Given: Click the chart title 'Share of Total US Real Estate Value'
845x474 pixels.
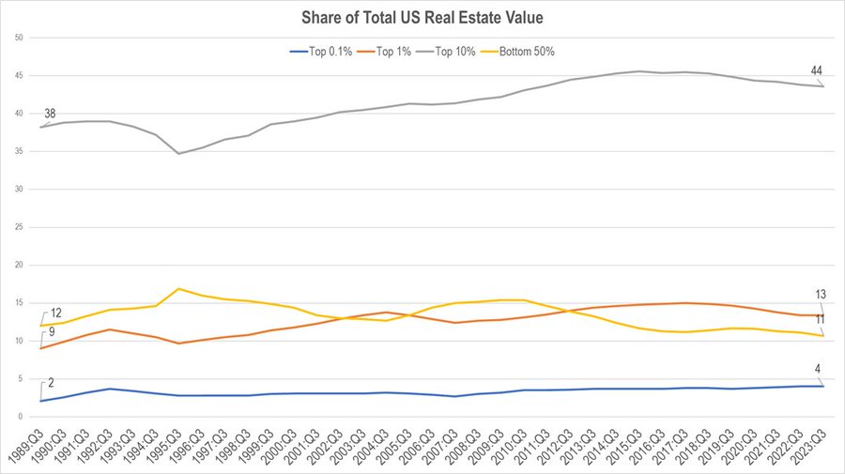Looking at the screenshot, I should coord(423,17).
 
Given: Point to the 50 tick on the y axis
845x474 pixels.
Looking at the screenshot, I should coord(19,38).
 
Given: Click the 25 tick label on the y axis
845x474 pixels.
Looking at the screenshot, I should coord(19,227).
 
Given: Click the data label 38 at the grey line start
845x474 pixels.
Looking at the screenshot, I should coord(51,114).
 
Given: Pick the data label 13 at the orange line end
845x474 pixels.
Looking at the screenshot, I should coord(819,295).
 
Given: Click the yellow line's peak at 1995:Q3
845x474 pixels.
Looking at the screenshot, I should coord(178,289).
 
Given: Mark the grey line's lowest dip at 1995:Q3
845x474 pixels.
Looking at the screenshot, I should coord(178,153).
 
